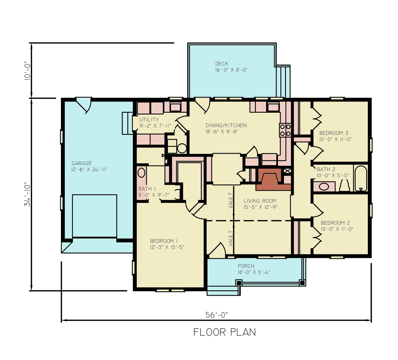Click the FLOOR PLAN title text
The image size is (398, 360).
point(224,332)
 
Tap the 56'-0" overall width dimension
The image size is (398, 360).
point(216,315)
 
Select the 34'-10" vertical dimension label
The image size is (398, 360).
point(28,194)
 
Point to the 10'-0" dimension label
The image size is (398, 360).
point(28,71)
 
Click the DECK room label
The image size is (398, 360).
point(222,64)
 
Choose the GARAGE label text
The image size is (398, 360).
point(81,163)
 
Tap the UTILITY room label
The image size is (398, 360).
point(149,120)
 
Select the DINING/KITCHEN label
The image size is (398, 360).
point(226,125)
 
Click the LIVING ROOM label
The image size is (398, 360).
point(260,201)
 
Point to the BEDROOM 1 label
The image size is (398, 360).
point(164,241)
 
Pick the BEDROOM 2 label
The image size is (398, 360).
point(335,223)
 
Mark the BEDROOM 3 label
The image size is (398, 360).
point(334,133)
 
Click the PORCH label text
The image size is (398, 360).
point(246,266)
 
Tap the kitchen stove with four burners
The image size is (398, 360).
point(285,130)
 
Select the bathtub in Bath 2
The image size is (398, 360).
point(361,178)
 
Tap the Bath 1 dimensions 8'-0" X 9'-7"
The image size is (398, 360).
point(154,195)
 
